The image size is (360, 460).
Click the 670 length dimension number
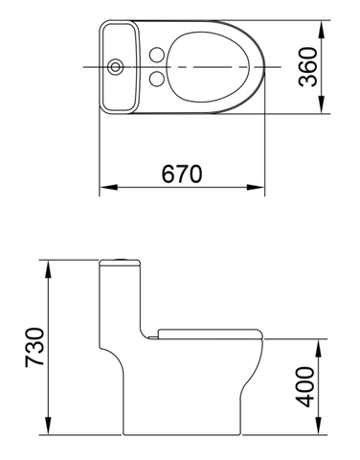click(x=182, y=173)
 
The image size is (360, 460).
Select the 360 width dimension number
click(x=307, y=67)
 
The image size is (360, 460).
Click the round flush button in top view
click(x=118, y=67)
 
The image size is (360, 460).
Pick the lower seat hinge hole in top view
click(x=152, y=79)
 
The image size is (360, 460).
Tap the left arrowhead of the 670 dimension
click(x=105, y=188)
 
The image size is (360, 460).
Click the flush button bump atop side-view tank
click(x=121, y=259)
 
